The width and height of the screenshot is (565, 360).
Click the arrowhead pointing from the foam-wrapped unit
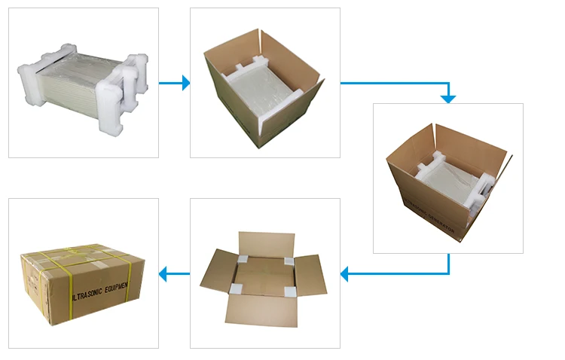pos(185,83)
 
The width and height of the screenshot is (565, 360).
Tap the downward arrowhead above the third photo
pos(448,98)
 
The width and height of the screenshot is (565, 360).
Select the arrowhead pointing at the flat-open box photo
pos(345,274)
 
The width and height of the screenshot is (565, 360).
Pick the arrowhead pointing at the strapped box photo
pos(163,274)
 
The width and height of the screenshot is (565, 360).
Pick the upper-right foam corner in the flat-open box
pos(287,258)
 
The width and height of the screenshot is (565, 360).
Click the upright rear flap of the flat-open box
pos(265,242)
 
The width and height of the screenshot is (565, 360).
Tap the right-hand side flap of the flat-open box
pos(310,274)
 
